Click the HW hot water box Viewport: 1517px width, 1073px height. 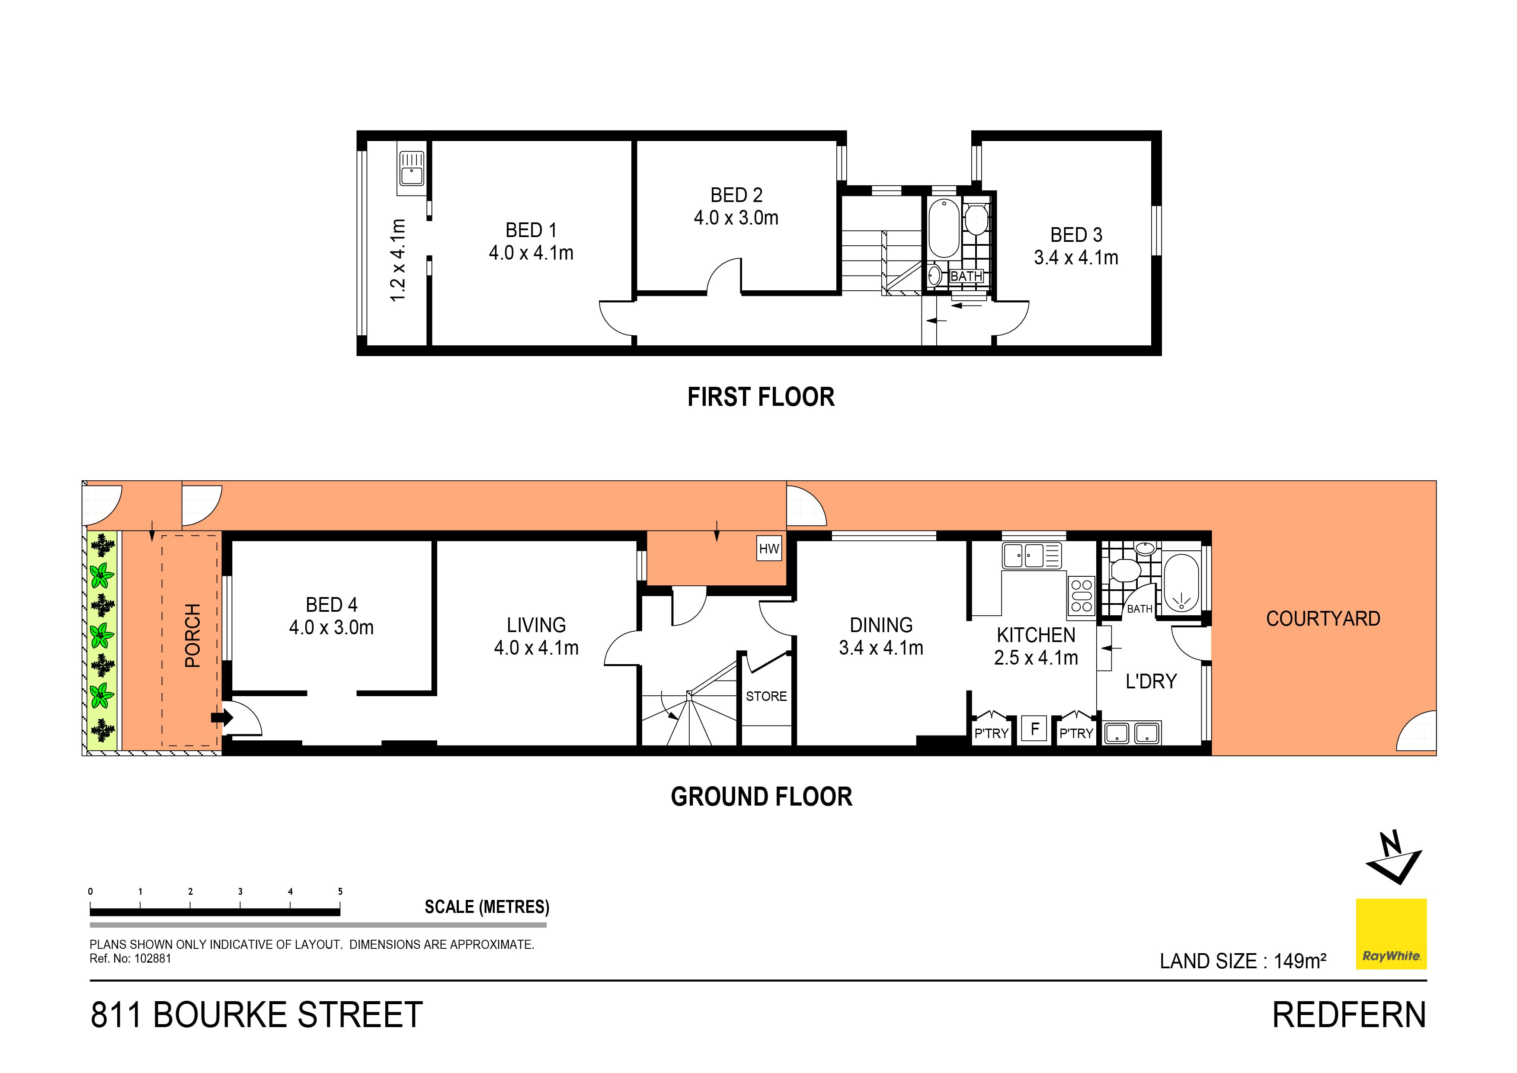768,549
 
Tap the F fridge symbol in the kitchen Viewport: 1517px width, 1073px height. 1035,729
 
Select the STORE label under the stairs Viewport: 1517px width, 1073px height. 766,696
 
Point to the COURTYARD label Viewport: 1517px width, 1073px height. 1323,619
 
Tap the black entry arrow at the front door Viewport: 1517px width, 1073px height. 222,717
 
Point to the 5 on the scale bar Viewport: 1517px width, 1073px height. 340,891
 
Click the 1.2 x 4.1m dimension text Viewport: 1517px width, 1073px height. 398,260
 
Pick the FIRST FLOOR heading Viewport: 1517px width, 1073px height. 761,397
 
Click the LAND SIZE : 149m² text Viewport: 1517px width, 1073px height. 1242,961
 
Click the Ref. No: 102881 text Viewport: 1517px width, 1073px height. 130,959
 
